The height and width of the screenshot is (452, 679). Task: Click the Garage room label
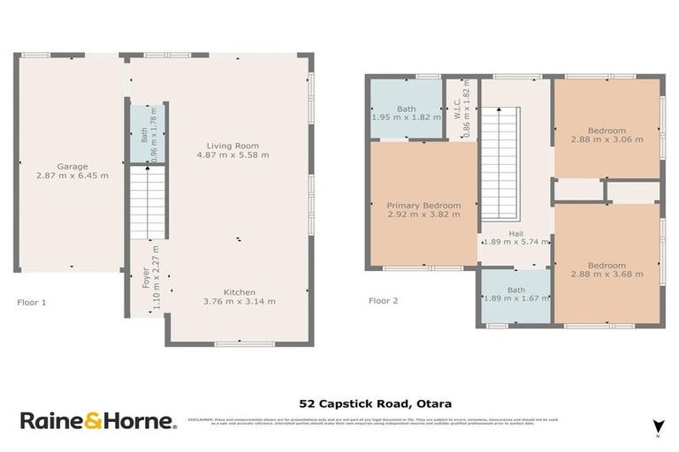click(71, 166)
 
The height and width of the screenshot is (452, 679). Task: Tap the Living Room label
click(233, 146)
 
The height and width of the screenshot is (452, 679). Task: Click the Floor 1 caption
click(32, 302)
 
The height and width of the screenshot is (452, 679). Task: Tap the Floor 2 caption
click(383, 301)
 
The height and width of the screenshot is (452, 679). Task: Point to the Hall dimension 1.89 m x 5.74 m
click(515, 241)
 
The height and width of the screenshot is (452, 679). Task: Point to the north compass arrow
click(657, 426)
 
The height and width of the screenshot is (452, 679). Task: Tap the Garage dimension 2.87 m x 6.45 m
click(72, 176)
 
